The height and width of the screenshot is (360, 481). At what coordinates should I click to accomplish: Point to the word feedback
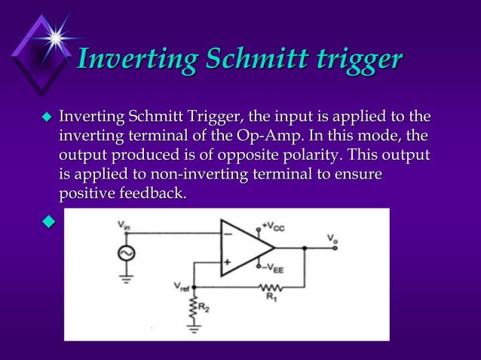coord(148,193)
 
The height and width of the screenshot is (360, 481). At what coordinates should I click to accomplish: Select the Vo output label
coord(332,239)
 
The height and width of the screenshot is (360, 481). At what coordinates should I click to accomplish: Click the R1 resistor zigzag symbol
coord(271,288)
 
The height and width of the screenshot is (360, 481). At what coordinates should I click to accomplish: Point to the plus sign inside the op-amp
coord(226,261)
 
